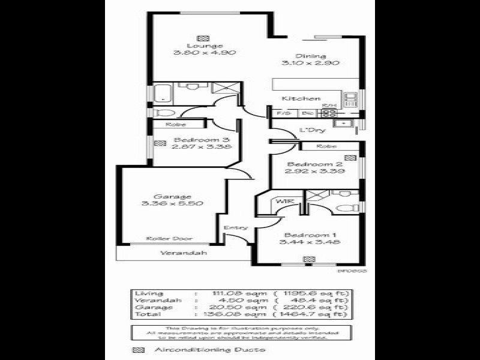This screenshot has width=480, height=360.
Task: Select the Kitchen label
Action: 301,98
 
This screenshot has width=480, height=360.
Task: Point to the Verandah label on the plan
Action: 184,253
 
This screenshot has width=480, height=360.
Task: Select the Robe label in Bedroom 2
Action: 326,146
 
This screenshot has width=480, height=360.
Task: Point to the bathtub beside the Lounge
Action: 161,94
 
